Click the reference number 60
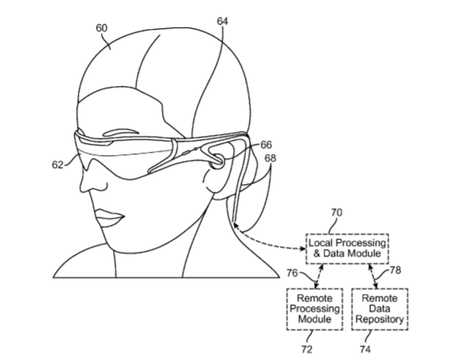[102, 28]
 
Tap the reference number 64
[222, 21]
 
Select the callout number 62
[58, 165]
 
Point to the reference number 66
[266, 145]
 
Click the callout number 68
[271, 158]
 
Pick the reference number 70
[336, 213]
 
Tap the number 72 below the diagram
[307, 349]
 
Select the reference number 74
[365, 349]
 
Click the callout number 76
[292, 273]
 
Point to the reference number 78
[395, 270]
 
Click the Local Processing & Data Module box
[348, 248]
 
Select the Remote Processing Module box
[315, 309]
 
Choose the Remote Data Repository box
[380, 309]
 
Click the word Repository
[380, 320]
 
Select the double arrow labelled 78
[373, 276]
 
